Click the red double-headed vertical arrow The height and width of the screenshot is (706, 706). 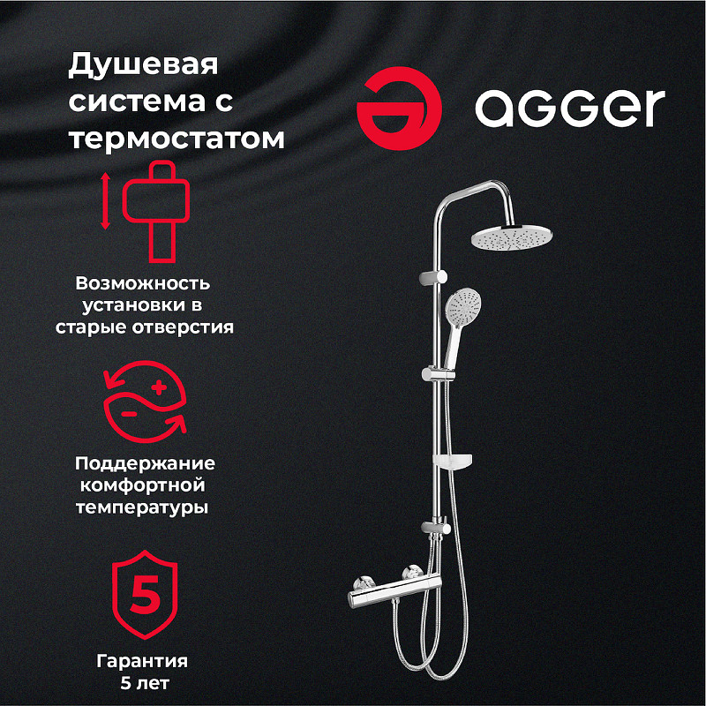pos(105,201)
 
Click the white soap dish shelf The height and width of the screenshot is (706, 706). pos(455,461)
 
